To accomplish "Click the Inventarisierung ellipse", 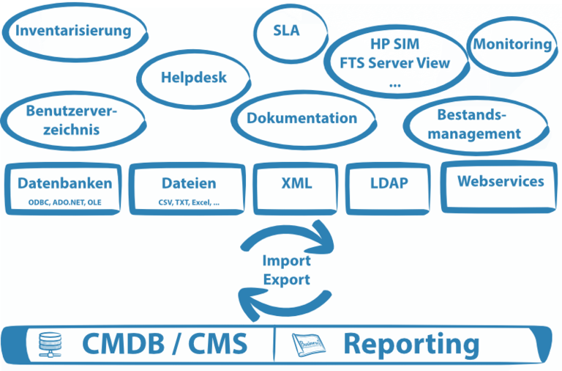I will [x=73, y=31].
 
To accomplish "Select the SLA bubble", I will [x=286, y=32].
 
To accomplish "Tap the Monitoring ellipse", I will [x=512, y=44].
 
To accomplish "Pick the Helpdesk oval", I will [x=193, y=77].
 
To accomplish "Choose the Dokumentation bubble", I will [x=301, y=118].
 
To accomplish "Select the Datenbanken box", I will [x=65, y=188].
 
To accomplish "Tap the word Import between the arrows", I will [x=286, y=261].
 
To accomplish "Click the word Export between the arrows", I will [x=286, y=279].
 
